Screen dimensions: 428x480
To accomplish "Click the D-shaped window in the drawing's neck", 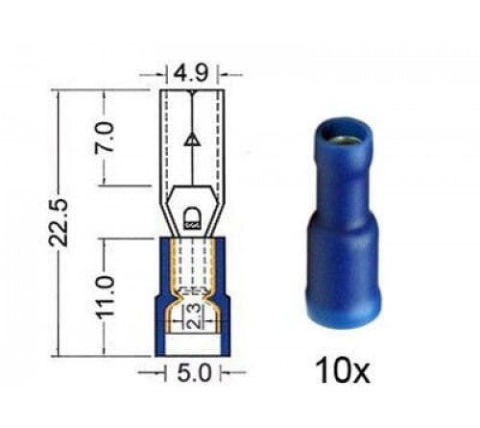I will (193, 214).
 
